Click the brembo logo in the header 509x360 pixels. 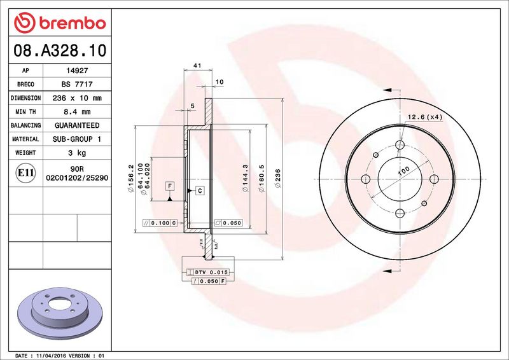(x=60, y=23)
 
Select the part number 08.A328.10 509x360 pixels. (x=60, y=50)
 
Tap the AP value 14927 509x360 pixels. (x=77, y=71)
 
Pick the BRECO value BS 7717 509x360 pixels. (x=77, y=85)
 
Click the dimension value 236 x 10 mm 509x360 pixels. (x=77, y=98)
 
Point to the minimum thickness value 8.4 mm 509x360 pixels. (x=77, y=112)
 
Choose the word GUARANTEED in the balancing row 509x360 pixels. (x=77, y=125)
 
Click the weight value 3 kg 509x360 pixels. (x=77, y=153)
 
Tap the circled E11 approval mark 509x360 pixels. (x=25, y=173)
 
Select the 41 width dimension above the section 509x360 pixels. (x=197, y=66)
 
